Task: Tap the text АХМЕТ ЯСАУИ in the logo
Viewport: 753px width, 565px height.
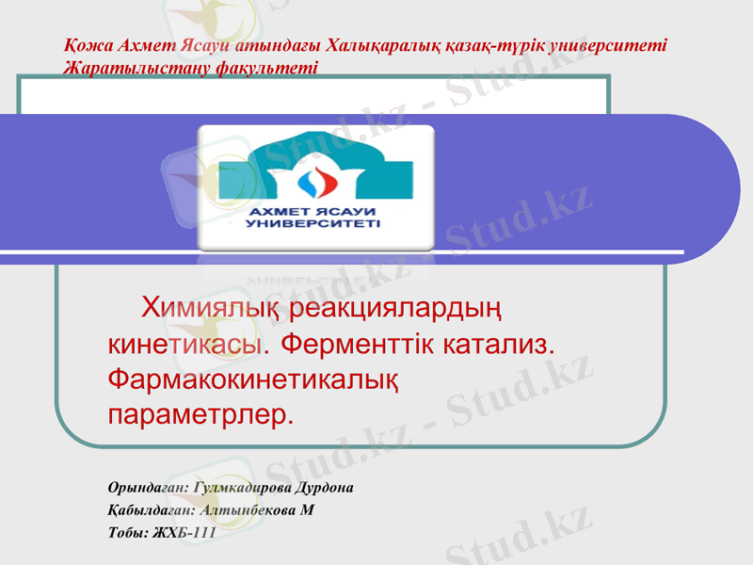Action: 314,211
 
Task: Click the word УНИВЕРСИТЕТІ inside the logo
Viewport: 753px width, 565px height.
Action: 314,224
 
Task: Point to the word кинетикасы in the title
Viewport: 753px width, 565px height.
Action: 184,344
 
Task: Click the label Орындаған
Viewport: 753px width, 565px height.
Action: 148,489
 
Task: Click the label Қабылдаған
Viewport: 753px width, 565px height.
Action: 148,510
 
